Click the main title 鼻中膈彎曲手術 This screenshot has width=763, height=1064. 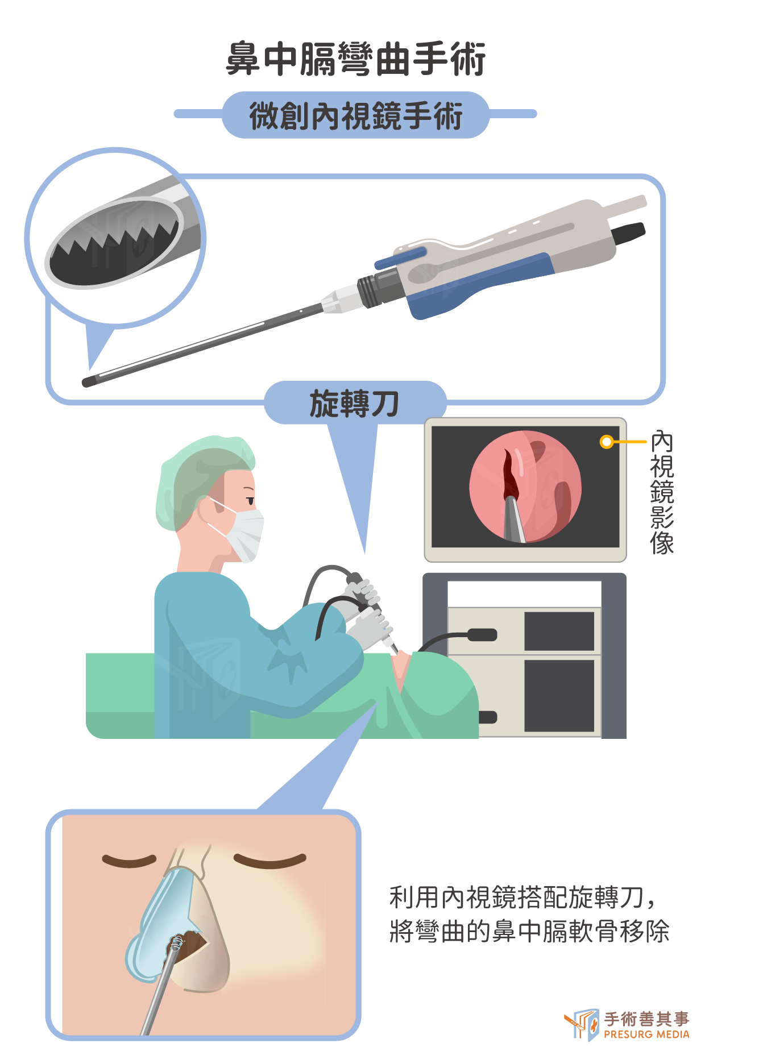point(356,59)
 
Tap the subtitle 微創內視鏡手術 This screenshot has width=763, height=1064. point(356,116)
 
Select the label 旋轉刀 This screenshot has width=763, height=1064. point(354,404)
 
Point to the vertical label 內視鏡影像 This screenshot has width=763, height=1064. point(662,492)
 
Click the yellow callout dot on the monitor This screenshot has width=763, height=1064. point(607,442)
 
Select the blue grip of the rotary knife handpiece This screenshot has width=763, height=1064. point(478,287)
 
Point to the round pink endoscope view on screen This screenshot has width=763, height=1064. point(525,486)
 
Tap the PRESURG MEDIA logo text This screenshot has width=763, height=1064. point(646,1034)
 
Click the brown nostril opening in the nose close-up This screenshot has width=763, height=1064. point(190,947)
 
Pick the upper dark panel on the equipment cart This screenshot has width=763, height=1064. point(559,631)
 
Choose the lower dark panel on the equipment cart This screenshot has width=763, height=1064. point(559,695)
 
